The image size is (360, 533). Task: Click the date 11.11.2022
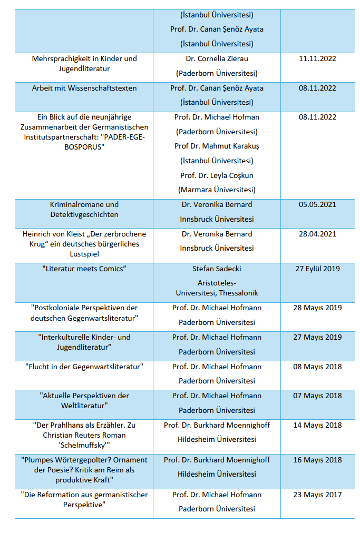click(317, 58)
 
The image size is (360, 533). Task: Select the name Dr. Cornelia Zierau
click(217, 58)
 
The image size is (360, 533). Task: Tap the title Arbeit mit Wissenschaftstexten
click(84, 88)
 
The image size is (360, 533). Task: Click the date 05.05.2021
click(317, 204)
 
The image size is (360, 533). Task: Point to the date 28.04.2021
click(317, 234)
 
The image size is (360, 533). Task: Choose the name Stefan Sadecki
click(217, 269)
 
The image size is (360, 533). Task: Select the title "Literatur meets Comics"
click(84, 269)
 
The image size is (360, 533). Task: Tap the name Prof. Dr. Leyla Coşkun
click(217, 175)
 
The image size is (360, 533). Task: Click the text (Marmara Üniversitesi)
click(217, 190)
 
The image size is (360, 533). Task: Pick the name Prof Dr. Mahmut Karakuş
click(217, 146)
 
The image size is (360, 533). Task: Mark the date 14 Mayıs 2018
click(317, 425)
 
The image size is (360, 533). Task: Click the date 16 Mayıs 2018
click(317, 460)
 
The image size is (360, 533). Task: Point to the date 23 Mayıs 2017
click(317, 495)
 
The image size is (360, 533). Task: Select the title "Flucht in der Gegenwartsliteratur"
click(84, 367)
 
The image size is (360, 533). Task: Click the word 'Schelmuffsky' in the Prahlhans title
click(84, 445)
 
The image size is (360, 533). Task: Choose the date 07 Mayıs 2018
click(317, 396)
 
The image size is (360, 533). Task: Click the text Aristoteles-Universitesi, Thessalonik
click(217, 288)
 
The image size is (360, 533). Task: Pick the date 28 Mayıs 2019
click(317, 308)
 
